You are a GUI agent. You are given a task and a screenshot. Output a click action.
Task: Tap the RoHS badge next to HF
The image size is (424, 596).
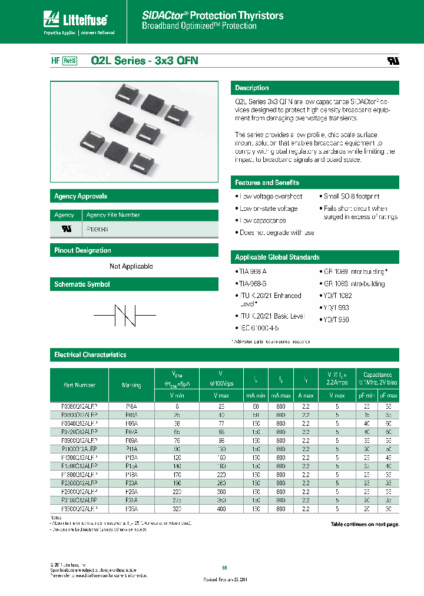[70, 60]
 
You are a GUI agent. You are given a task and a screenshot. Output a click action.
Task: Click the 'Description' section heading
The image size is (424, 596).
[252, 88]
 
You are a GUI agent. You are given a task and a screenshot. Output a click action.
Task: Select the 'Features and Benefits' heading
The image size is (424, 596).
[267, 183]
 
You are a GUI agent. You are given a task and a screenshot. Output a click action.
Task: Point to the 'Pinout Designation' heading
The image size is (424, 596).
[82, 250]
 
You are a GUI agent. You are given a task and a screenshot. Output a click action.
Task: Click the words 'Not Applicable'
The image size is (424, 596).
[131, 266]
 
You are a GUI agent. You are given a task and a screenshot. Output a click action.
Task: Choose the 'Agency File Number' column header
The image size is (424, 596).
[113, 215]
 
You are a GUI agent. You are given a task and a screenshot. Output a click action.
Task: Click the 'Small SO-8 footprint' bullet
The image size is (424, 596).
[351, 196]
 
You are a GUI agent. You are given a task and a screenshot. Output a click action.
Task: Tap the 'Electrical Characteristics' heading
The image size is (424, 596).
[90, 355]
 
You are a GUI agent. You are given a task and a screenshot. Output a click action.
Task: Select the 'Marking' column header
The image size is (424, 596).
[131, 385]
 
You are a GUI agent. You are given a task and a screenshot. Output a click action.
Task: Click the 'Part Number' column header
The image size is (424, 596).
[79, 385]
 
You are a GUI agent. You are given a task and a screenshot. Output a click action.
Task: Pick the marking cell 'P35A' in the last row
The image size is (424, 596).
[131, 508]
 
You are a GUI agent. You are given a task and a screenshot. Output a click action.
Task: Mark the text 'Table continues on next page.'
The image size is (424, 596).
[365, 524]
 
